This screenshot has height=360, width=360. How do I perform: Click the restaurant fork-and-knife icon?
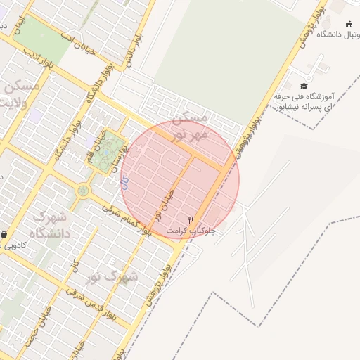click(191, 219)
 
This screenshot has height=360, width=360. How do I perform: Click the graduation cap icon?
click(304, 86)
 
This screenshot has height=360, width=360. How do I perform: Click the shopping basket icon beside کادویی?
click(4, 235)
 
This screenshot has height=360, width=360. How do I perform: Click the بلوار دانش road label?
click(134, 49)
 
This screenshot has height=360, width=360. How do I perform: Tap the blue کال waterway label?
click(124, 185)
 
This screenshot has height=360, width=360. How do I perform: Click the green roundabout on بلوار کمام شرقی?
click(84, 190)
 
